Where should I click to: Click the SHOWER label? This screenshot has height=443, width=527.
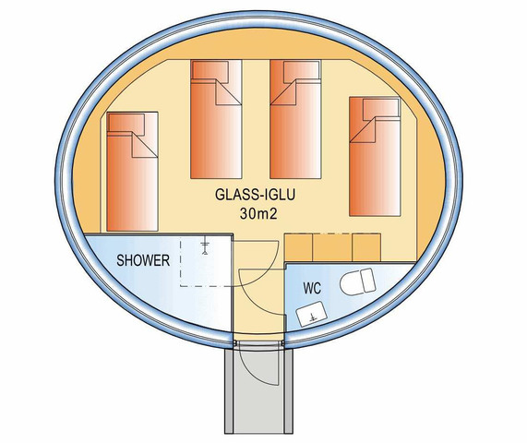(143, 260)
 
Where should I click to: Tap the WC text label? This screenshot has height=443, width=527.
(312, 288)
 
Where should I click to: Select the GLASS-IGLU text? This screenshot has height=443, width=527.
(255, 195)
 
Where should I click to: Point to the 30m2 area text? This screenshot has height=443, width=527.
(258, 213)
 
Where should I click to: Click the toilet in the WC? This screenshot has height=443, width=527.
(357, 281)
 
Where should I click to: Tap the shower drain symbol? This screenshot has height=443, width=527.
(205, 246)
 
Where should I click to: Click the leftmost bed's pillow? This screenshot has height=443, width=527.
(126, 125)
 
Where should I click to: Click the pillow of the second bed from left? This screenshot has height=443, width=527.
(210, 71)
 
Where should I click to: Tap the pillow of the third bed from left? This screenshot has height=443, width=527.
(301, 72)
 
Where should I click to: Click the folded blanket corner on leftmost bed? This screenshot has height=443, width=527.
(144, 147)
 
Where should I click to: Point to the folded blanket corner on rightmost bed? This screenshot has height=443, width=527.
(363, 130)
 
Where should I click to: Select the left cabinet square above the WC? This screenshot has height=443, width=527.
(299, 248)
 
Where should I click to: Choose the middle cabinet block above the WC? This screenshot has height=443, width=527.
(332, 248)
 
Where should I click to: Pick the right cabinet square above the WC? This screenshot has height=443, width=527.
(366, 248)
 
